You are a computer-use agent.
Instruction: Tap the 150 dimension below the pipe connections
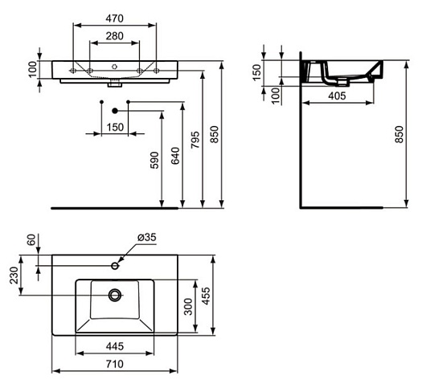coord(114,127)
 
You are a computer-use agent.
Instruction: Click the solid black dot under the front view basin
coord(115,110)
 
